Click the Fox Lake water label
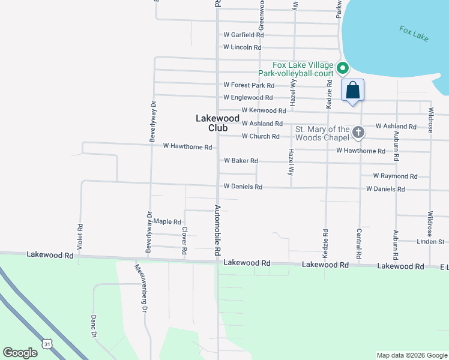click(414, 33)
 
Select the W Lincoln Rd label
click(243, 47)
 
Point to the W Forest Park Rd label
click(249, 86)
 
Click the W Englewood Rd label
click(248, 98)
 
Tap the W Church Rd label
click(261, 137)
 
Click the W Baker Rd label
click(241, 161)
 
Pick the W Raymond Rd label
click(395, 176)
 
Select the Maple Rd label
click(167, 222)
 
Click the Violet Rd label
click(80, 236)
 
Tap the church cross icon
click(358, 132)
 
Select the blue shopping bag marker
click(353, 91)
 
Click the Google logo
click(20, 353)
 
